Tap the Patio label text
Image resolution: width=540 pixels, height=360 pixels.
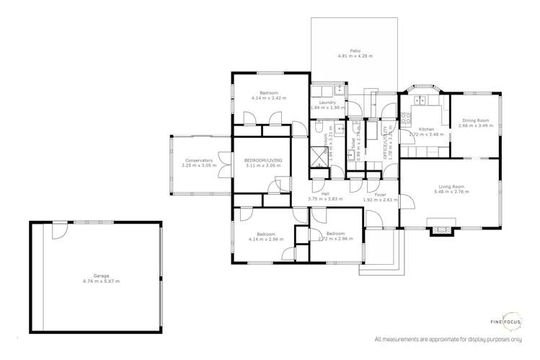355,51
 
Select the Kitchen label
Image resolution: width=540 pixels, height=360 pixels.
425,128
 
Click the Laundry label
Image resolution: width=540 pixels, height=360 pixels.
327,102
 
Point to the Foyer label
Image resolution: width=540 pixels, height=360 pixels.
380,194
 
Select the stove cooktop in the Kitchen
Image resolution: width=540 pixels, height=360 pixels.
405,115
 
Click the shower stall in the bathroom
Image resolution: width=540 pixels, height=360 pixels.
317,157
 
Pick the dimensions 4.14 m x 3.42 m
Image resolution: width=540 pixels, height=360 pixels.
269,98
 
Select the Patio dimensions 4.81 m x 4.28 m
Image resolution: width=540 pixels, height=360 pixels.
355,56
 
